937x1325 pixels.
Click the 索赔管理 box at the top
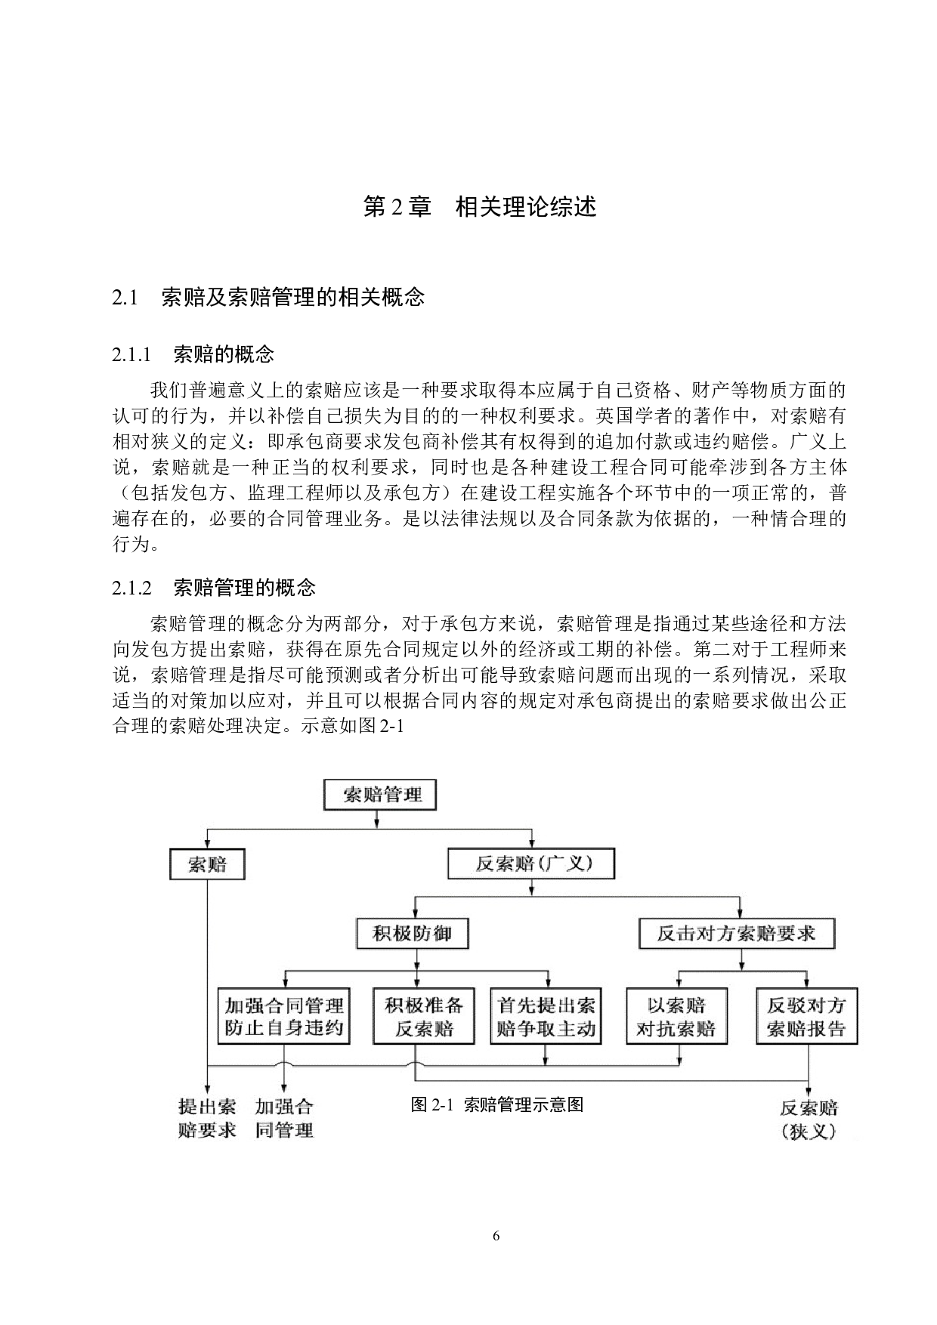379,795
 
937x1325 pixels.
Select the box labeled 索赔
207,863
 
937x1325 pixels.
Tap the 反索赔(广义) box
531,863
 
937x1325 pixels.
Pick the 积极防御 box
413,934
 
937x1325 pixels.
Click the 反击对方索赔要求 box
737,934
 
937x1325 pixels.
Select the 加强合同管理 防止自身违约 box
284,1017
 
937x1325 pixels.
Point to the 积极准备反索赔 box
424,1017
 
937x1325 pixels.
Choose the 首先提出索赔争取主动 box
546,1017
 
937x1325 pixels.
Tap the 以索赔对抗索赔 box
676,1017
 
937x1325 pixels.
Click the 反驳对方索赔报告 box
806,1017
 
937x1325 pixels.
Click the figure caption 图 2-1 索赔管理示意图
496,1104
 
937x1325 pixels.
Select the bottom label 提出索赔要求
207,1118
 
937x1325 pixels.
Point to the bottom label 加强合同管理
284,1118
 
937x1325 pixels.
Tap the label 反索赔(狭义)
809,1120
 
